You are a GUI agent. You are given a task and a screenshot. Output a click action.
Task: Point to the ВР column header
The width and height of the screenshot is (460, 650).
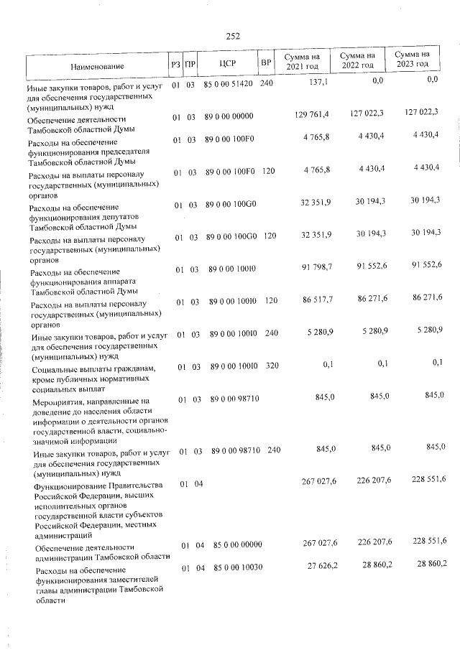(x=266, y=63)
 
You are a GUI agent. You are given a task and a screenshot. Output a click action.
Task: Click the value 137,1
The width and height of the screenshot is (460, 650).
(x=318, y=83)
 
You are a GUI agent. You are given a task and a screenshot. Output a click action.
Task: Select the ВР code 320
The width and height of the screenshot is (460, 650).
(x=271, y=366)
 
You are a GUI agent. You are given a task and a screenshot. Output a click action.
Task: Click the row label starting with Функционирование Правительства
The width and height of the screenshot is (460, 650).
(x=96, y=510)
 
